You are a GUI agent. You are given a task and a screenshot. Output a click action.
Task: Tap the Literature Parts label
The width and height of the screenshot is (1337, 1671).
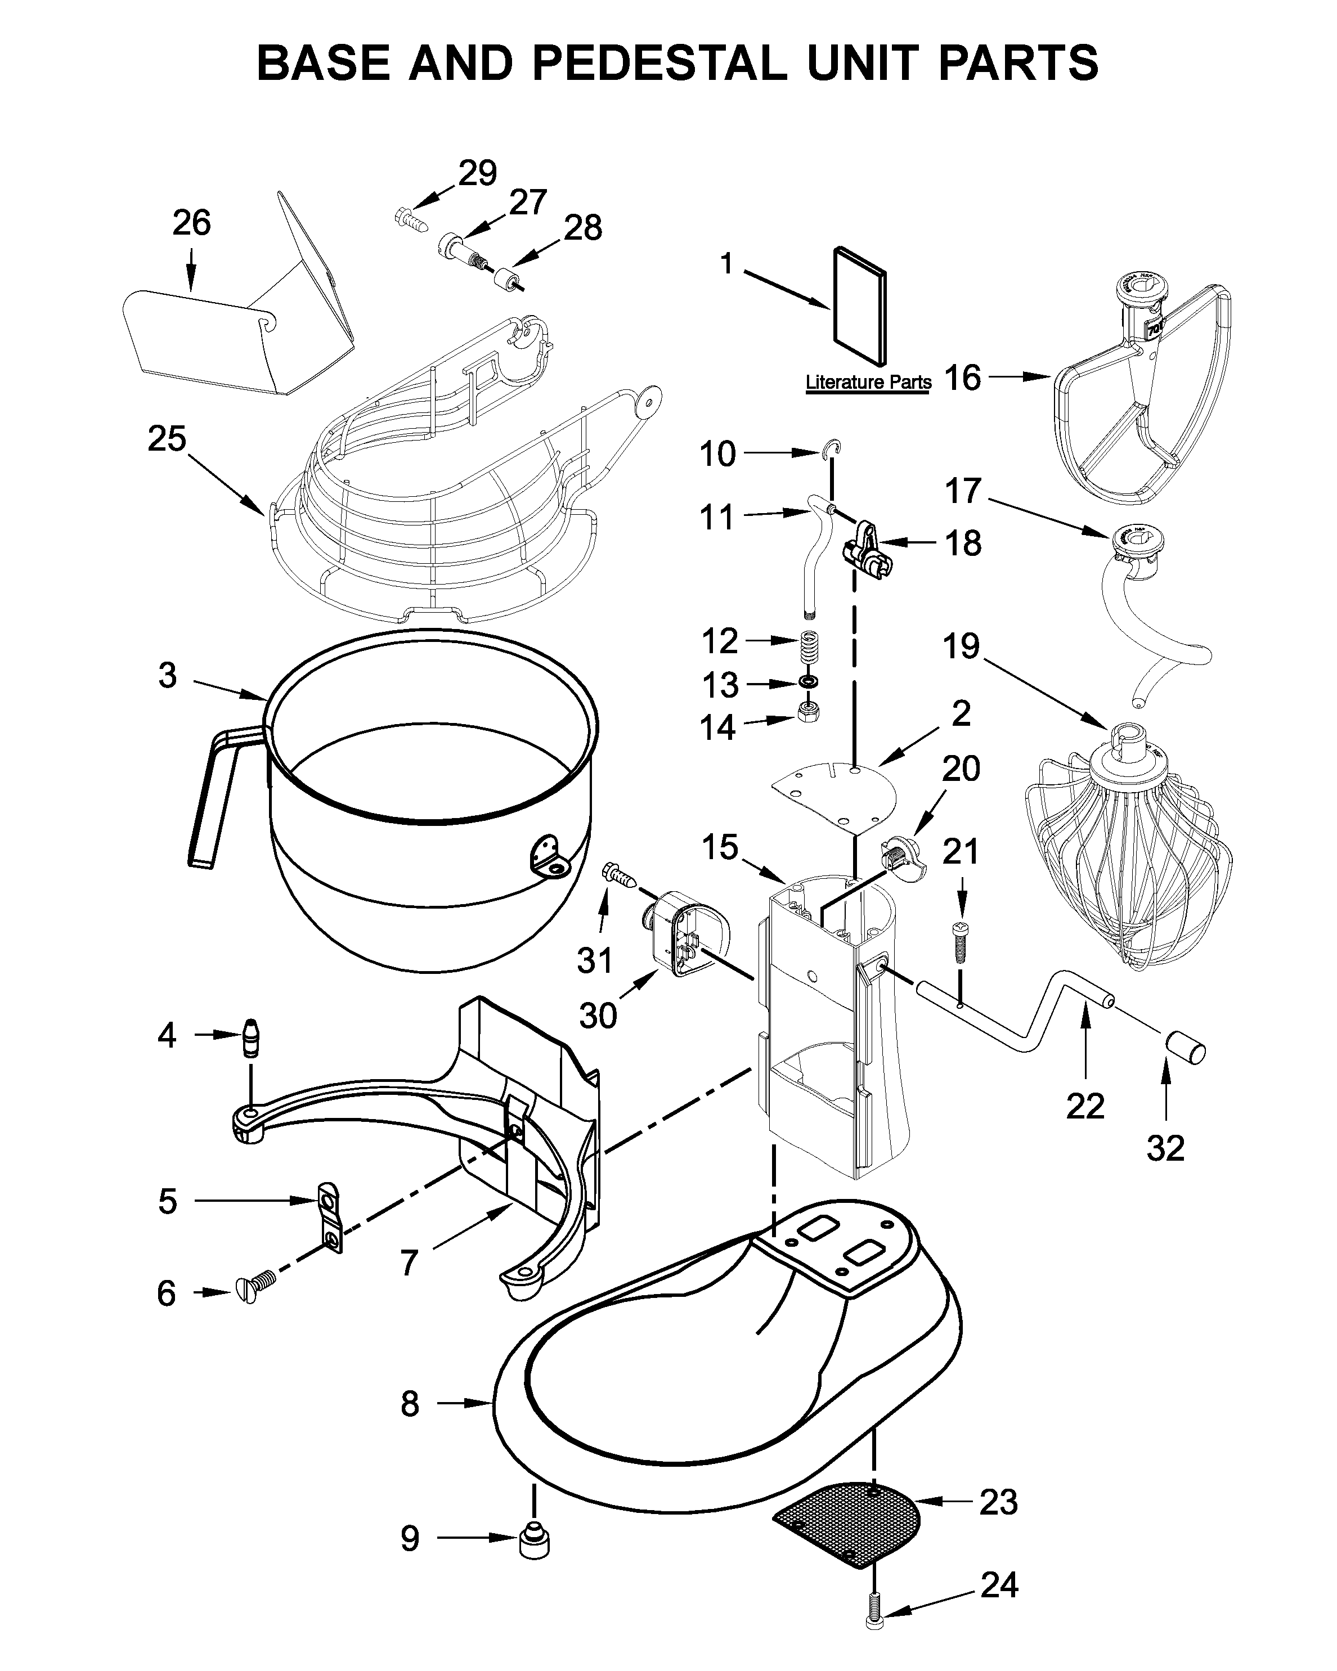point(868,382)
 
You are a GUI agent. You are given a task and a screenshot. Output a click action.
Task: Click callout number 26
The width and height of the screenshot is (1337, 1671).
point(191,223)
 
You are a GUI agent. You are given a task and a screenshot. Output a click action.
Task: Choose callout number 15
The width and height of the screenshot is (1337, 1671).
point(719,847)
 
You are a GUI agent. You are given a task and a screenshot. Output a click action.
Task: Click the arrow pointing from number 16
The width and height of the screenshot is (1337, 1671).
point(1019,376)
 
